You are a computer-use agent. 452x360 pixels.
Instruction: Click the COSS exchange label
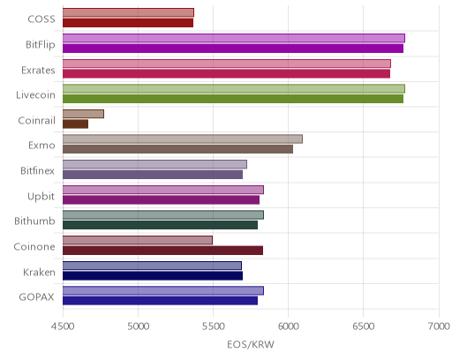[41, 19]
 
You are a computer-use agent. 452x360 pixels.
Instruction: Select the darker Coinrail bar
[75, 124]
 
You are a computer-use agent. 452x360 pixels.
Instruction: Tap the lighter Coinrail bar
[83, 114]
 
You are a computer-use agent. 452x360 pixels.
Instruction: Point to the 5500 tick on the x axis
[213, 326]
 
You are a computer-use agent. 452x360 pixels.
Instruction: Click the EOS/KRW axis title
[251, 344]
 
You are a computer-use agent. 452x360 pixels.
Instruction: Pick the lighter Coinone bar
[138, 240]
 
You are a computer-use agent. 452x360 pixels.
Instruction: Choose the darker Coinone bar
[162, 251]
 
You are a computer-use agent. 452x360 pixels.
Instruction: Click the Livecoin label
[35, 95]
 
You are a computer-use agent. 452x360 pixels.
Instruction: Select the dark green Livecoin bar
[233, 99]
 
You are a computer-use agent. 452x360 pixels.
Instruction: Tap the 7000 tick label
[439, 326]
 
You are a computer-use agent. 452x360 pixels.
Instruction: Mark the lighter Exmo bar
[183, 139]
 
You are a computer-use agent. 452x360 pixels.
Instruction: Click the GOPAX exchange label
[37, 297]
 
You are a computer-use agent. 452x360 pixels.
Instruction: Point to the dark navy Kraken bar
[153, 276]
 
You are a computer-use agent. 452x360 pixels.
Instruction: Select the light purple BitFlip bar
[234, 38]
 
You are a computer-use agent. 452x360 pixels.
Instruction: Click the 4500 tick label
[63, 326]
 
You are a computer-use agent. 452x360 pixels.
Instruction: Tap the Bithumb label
[34, 221]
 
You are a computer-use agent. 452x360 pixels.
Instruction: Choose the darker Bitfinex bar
[153, 175]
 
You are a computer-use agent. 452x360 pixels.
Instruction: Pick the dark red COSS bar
[128, 23]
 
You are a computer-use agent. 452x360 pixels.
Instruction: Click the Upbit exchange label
[41, 196]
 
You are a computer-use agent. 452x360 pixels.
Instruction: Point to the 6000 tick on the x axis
[288, 326]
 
